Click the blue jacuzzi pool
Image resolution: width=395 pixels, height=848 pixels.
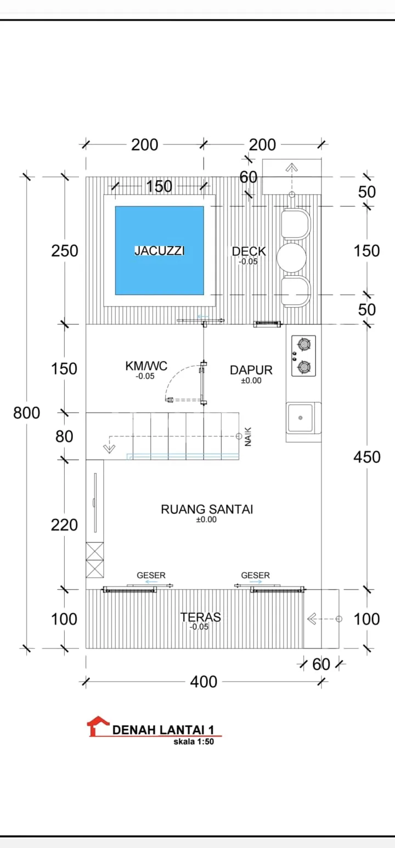160,250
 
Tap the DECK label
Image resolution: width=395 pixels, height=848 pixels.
249,251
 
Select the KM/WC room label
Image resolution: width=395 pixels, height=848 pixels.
146,366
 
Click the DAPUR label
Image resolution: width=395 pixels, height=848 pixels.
251,370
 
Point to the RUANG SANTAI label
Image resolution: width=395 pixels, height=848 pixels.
207,509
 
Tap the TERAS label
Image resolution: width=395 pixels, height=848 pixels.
200,617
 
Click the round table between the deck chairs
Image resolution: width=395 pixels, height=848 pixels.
291,258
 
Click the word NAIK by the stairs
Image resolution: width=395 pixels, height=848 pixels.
248,437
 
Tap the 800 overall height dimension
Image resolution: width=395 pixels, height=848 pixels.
26,412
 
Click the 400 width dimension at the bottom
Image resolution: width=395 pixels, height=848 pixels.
204,682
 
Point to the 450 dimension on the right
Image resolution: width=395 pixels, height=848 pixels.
366,457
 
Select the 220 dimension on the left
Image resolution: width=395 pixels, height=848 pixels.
64,525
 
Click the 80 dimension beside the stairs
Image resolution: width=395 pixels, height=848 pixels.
64,437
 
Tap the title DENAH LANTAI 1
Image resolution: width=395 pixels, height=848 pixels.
163,730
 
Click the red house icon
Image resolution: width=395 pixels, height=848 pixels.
98,726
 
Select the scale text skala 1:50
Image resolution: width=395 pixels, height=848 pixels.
194,741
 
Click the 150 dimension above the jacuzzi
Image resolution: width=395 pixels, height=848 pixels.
159,186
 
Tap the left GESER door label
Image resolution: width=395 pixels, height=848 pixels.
151,576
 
